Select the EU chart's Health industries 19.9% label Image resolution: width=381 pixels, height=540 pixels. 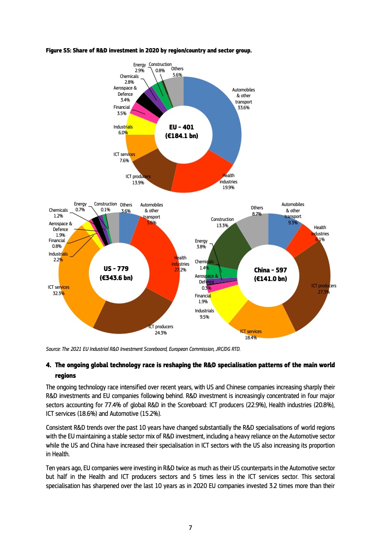[x=228, y=181]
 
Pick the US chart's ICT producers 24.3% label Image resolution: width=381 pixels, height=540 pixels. [x=160, y=329]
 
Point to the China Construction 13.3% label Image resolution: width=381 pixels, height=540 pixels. [x=222, y=222]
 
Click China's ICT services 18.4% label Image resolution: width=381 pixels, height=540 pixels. [x=250, y=334]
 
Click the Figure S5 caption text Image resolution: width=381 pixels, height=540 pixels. [x=148, y=50]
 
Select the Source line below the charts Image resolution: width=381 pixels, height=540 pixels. [x=143, y=349]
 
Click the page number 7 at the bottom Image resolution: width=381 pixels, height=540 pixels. [x=190, y=527]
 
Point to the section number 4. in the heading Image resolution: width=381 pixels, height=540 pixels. [x=49, y=366]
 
